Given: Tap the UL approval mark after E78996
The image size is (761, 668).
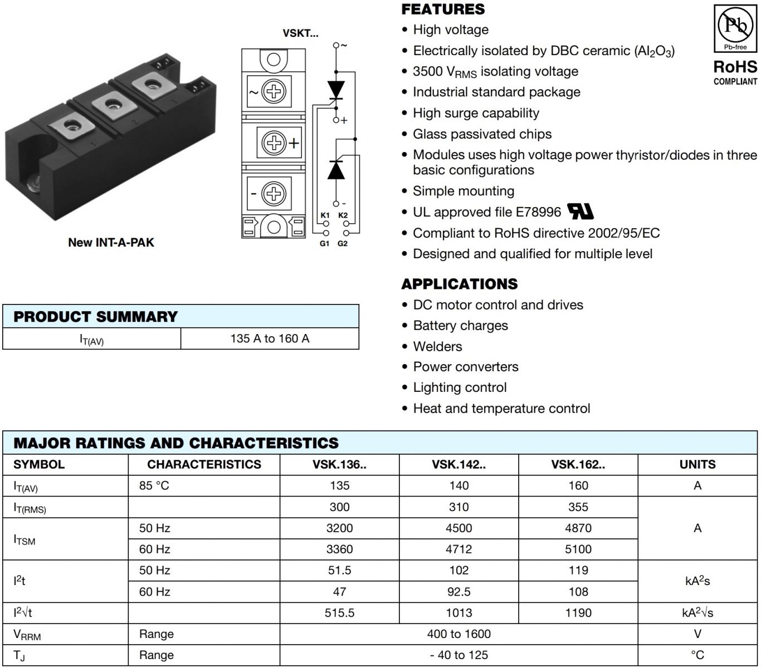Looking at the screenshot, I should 580,212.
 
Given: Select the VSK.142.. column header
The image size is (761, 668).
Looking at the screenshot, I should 458,464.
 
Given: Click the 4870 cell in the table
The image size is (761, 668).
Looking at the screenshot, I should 578,528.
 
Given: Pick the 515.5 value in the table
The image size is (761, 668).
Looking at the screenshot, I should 339,613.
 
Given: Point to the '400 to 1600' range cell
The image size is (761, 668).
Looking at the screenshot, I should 458,634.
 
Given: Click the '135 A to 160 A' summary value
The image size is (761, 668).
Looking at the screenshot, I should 270,338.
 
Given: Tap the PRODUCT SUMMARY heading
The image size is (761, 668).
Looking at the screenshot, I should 95,317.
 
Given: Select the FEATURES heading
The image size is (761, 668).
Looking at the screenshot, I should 443,9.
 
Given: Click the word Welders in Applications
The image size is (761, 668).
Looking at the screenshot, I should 437,346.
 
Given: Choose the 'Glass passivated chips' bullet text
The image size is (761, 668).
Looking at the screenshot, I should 482,134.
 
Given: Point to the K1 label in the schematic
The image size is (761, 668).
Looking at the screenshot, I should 325,215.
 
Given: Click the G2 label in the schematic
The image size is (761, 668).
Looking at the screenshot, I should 343,243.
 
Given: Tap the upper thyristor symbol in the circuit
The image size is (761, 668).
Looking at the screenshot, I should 336,89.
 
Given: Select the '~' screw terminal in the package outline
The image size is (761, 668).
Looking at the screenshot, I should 274,91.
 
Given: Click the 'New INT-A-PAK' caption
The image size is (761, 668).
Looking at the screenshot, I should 111,242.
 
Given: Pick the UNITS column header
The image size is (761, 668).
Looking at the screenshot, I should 697,464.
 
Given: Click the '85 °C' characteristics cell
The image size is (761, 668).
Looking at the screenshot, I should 154,485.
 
